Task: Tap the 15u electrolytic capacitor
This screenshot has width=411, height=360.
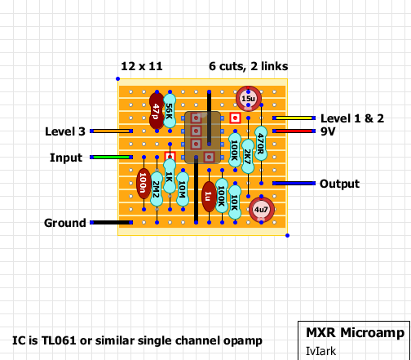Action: [248, 99]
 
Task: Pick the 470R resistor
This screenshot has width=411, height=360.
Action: [261, 144]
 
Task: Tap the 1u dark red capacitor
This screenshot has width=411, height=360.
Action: [208, 196]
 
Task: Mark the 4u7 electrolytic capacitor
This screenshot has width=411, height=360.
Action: [261, 210]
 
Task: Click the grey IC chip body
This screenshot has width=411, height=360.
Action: [202, 137]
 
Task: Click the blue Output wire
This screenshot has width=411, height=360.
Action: [294, 183]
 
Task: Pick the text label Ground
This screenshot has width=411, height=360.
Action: [64, 223]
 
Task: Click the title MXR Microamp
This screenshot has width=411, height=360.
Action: [349, 333]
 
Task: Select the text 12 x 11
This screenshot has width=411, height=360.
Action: [140, 65]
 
